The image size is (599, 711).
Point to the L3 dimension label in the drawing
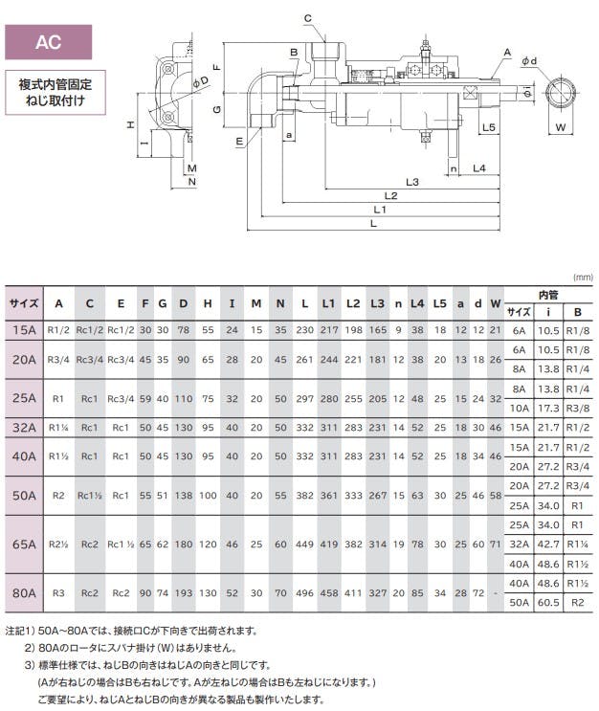point(412,182)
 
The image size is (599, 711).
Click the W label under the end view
point(561,126)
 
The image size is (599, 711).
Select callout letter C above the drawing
point(308,18)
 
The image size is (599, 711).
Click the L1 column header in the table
point(328,303)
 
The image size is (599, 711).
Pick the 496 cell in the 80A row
point(304,593)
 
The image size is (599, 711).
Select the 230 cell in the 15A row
point(304,329)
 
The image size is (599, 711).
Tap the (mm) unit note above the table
point(583,277)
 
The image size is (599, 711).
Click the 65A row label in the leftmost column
point(24,544)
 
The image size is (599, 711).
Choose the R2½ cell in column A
point(58,544)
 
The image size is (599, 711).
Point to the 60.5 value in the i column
point(548,604)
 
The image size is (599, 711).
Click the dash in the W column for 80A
point(496,593)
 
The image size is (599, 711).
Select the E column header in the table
point(121,303)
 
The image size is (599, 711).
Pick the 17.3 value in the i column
point(548,408)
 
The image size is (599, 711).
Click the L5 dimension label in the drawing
point(488,125)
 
